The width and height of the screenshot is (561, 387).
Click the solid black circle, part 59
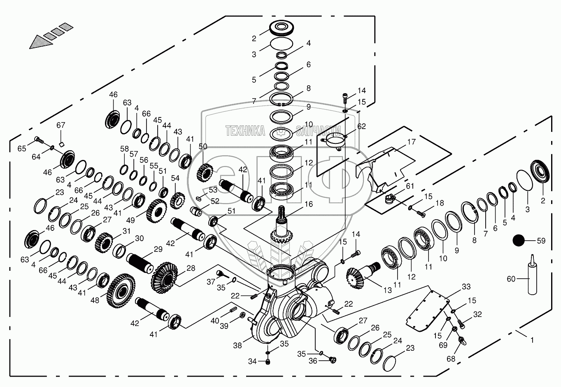(519, 241)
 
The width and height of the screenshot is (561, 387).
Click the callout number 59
(541, 241)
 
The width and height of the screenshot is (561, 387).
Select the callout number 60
(511, 279)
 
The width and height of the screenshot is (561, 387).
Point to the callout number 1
(532, 340)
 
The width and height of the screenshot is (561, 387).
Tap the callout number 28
(191, 268)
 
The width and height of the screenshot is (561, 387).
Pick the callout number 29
(158, 249)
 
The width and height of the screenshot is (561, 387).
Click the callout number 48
(95, 301)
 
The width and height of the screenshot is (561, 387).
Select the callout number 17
(412, 142)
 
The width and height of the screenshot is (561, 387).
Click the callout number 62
(361, 127)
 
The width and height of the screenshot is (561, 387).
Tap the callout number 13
(387, 290)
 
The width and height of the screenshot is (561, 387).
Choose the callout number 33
(466, 286)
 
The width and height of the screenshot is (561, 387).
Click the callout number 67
(61, 125)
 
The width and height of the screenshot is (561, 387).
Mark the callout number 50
(203, 146)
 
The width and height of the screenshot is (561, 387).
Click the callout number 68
(451, 359)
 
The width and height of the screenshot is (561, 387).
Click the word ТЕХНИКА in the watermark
(245, 131)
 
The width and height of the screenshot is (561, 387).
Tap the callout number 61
(410, 187)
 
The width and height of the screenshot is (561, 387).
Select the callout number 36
(313, 361)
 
